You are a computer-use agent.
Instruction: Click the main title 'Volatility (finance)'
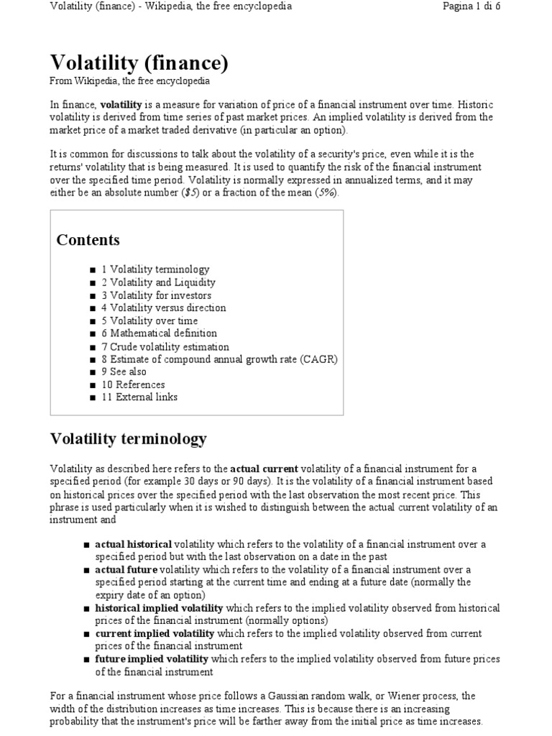pyautogui.click(x=139, y=63)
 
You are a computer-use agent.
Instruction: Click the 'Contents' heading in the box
pyautogui.click(x=88, y=240)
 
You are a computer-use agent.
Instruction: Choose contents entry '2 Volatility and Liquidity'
pyautogui.click(x=158, y=282)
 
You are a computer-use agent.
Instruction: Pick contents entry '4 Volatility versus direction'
pyautogui.click(x=163, y=308)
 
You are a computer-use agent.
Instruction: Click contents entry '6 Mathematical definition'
pyautogui.click(x=159, y=333)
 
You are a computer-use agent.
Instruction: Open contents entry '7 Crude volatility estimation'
pyautogui.click(x=165, y=346)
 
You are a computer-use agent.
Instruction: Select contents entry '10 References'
pyautogui.click(x=133, y=385)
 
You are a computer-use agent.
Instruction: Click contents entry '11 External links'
pyautogui.click(x=139, y=397)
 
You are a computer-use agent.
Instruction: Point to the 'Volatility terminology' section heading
pyautogui.click(x=128, y=438)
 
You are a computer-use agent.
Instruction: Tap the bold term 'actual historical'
pyautogui.click(x=133, y=544)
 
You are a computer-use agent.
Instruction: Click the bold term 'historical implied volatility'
pyautogui.click(x=159, y=608)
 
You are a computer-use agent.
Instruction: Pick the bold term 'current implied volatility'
pyautogui.click(x=155, y=633)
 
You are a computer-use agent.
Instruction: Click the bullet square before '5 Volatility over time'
pyautogui.click(x=93, y=321)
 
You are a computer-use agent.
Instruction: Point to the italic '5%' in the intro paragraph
pyautogui.click(x=326, y=193)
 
